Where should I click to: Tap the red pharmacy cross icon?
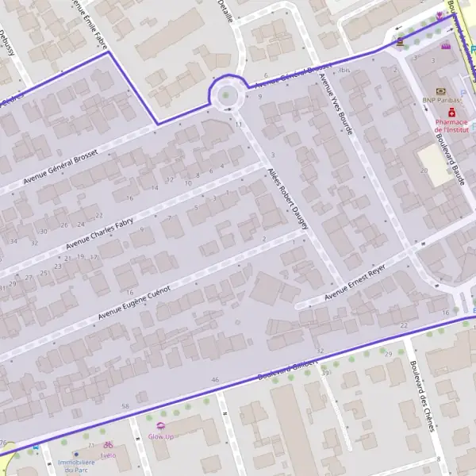click(x=440, y=113)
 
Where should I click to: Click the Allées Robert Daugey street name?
click(x=288, y=198)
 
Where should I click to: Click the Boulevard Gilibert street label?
click(x=282, y=370)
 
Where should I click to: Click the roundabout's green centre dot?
click(x=227, y=96)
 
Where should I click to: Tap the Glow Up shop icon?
click(x=161, y=427)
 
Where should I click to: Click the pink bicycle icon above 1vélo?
click(x=109, y=445)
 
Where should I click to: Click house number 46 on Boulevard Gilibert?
click(x=215, y=380)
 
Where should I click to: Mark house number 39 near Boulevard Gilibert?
click(x=325, y=372)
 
